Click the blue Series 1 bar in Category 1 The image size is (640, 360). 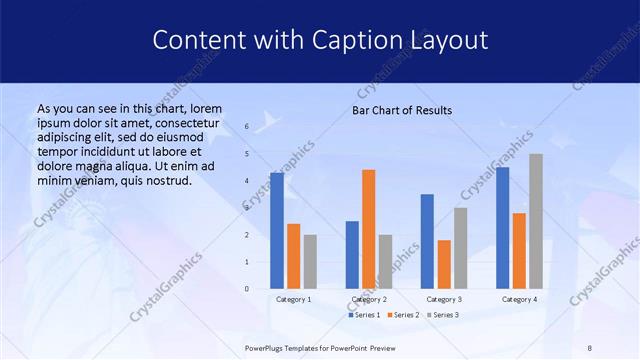click(x=277, y=230)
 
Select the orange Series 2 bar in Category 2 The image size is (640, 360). click(x=368, y=229)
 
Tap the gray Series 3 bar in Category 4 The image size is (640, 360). click(x=536, y=221)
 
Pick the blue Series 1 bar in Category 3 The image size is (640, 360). click(x=427, y=241)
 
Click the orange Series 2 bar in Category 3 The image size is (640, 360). click(x=443, y=264)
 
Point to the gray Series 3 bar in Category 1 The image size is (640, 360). click(x=310, y=262)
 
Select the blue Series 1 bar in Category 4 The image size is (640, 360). click(x=502, y=227)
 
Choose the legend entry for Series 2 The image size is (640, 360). click(x=401, y=315)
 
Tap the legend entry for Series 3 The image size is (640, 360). click(x=443, y=315)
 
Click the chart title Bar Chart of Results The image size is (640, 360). click(x=402, y=110)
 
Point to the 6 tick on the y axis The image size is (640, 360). click(x=246, y=127)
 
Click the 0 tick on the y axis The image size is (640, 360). click(x=246, y=289)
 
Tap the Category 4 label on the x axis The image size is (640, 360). click(x=518, y=299)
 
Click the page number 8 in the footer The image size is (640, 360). click(x=589, y=347)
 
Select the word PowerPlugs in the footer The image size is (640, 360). click(x=267, y=347)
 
